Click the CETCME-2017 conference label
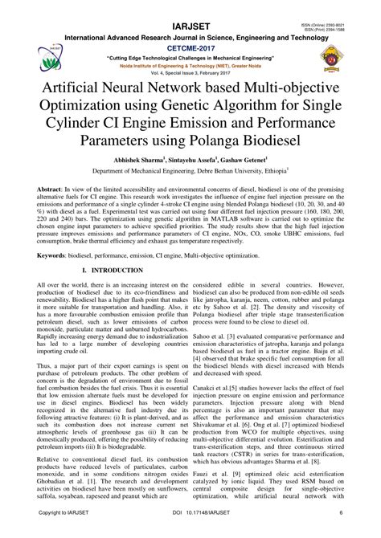190,48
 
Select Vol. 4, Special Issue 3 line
190,72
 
